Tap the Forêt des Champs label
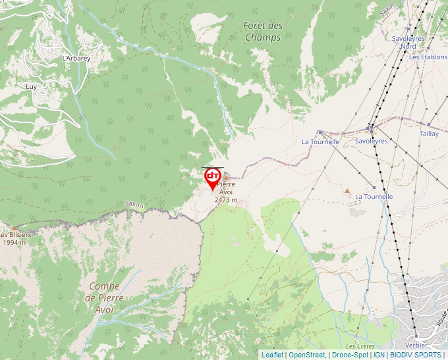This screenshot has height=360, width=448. (263, 32)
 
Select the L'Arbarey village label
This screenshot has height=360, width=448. (76, 58)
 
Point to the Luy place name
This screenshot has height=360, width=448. (31, 86)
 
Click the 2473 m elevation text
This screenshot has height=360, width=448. (225, 200)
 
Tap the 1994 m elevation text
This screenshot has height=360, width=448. (14, 242)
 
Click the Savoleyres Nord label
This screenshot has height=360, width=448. (408, 42)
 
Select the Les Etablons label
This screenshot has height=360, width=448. (428, 57)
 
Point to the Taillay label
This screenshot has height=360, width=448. (429, 134)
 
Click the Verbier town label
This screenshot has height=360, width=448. (417, 345)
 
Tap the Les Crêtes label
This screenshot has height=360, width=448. (359, 346)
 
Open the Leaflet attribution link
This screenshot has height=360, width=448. (272, 355)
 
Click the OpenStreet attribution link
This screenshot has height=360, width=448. (307, 355)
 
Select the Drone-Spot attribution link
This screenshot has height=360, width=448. (350, 355)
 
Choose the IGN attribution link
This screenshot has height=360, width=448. (379, 355)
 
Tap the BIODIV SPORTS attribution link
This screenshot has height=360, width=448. (416, 355)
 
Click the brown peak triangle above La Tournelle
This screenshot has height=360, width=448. (347, 192)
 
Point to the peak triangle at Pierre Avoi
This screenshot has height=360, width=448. (227, 177)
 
